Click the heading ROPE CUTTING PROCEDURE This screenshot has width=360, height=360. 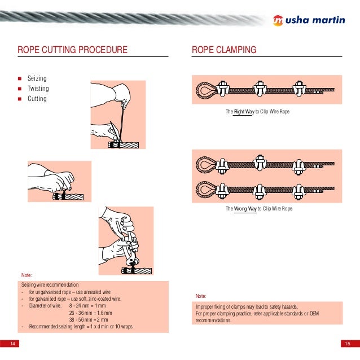coord(72,50)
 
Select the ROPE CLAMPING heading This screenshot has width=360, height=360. coord(224,50)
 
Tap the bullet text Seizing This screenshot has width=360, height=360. coord(37,78)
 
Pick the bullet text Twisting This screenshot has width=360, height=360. coord(38,89)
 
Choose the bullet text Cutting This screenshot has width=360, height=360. coord(37,99)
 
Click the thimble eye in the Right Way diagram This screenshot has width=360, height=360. coord(204,90)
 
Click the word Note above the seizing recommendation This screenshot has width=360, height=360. coord(27,275)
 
